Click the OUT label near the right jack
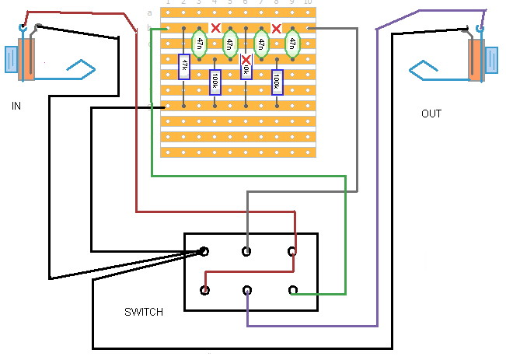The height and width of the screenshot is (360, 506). [x=431, y=114]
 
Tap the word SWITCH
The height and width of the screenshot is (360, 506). [x=144, y=312]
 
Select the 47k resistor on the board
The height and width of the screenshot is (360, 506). [x=183, y=65]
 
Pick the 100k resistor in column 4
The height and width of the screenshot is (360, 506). [x=215, y=81]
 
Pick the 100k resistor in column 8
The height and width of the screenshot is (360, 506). [x=276, y=81]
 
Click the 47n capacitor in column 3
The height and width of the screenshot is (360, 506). [x=199, y=44]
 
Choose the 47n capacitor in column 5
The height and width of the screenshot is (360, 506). [x=229, y=44]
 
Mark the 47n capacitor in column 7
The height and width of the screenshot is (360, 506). [x=260, y=44]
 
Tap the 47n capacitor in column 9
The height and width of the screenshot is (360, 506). [x=291, y=44]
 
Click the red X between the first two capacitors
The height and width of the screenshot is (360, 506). [x=215, y=29]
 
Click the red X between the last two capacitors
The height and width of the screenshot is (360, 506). [x=276, y=29]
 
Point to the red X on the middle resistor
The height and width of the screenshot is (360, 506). [x=246, y=59]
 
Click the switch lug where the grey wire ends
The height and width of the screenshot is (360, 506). [x=246, y=250]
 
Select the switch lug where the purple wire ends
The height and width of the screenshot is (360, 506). [x=246, y=290]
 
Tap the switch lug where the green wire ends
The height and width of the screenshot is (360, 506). [x=292, y=290]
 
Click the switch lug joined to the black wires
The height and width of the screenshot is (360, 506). [x=204, y=250]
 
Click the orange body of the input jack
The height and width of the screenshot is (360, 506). [x=28, y=59]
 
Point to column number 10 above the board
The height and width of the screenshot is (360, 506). [x=308, y=3]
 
